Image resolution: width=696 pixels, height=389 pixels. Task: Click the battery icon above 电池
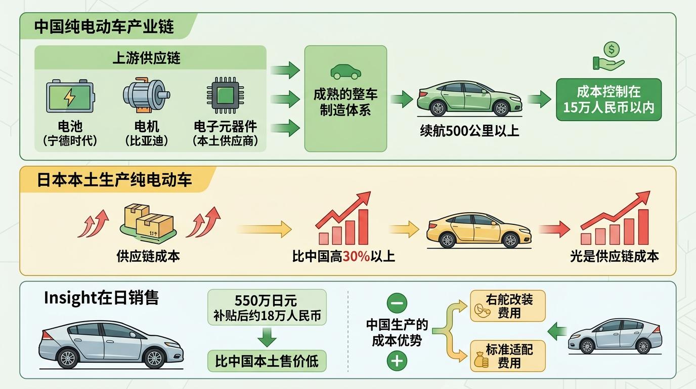click(70, 96)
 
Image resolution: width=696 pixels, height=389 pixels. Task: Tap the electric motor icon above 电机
click(146, 95)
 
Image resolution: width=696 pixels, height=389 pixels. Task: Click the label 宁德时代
click(70, 140)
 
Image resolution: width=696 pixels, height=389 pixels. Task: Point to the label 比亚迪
click(146, 140)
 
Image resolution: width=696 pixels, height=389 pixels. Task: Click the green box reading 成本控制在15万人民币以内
click(608, 100)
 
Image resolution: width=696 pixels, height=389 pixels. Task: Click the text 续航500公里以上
click(469, 131)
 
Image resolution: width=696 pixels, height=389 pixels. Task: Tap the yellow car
click(478, 230)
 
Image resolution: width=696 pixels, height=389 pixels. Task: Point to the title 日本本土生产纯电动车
click(114, 180)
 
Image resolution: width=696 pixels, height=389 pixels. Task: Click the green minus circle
click(397, 303)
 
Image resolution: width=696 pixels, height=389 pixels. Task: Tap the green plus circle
click(397, 361)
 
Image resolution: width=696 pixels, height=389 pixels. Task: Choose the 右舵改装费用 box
click(508, 306)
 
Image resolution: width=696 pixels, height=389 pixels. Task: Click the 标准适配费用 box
click(508, 356)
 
